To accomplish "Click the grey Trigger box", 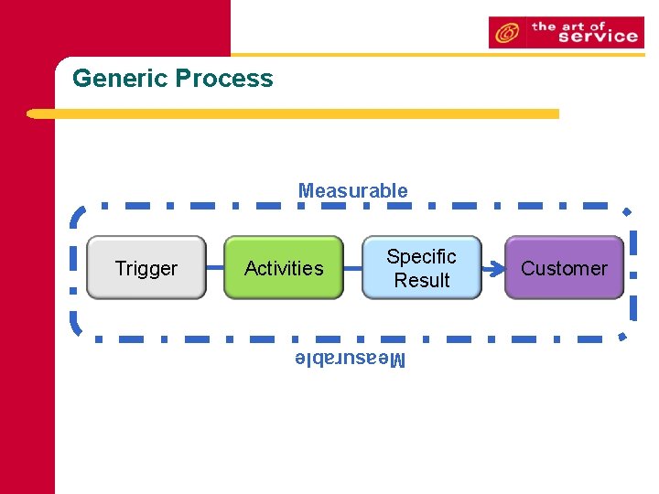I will tap(146, 268).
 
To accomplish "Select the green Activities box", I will tap(284, 268).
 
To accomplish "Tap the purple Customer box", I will tap(564, 268).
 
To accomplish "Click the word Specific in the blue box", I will tap(421, 257).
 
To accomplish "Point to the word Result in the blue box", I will tap(421, 281).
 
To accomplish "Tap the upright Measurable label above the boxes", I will tap(352, 191).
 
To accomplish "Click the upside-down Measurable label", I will tap(350, 359).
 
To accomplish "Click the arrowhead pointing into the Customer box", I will tap(497, 269).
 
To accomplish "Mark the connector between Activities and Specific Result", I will tap(352, 268).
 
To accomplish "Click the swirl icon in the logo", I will tap(505, 34).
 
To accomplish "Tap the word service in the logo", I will tap(597, 37).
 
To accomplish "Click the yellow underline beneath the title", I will tap(293, 114).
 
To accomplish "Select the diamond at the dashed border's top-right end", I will tap(627, 211).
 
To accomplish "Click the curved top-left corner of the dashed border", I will tap(79, 216).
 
